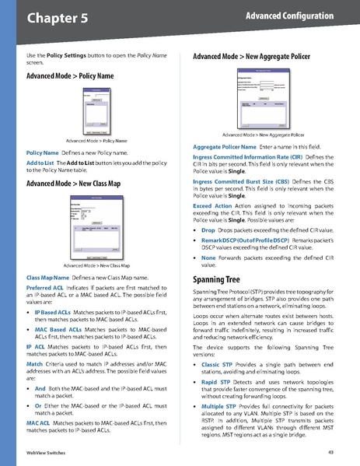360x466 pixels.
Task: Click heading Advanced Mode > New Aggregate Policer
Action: tap(250, 57)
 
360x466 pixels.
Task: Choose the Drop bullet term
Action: tap(208, 231)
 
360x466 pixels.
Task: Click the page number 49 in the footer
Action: tap(330, 453)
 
